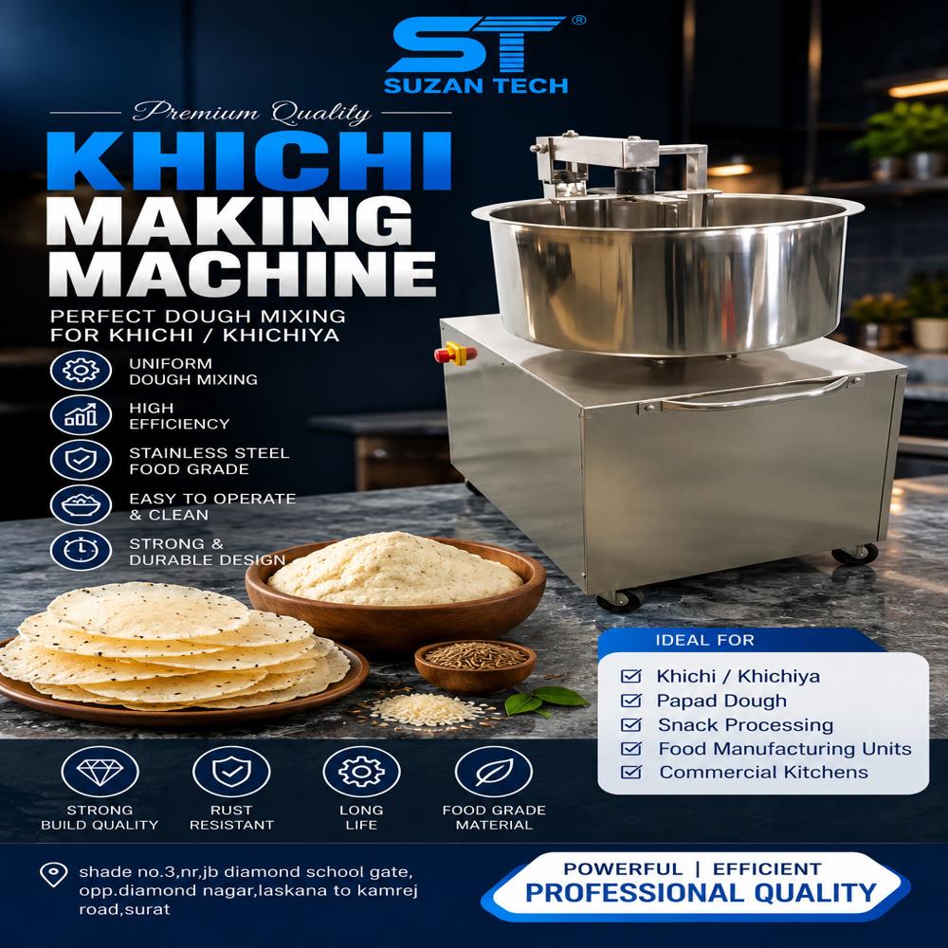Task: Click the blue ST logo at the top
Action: pos(478,45)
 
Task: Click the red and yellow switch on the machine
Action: pos(455,354)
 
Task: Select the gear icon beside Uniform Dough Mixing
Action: pos(81,370)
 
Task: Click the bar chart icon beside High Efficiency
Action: pos(81,415)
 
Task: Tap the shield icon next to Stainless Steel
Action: pos(81,460)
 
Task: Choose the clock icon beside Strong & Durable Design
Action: pos(81,550)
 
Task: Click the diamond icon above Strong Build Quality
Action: pos(100,772)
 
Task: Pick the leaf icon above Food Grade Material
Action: pos(493,772)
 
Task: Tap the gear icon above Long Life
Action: pos(361,772)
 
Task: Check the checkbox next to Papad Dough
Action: pos(631,701)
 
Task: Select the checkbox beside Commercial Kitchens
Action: pos(631,772)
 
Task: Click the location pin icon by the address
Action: pos(53,874)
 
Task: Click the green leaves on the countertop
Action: pos(545,701)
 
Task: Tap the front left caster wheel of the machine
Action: pos(621,599)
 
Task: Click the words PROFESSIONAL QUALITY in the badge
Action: pos(701,893)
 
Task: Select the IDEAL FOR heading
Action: pos(705,640)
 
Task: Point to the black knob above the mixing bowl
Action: pos(635,180)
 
